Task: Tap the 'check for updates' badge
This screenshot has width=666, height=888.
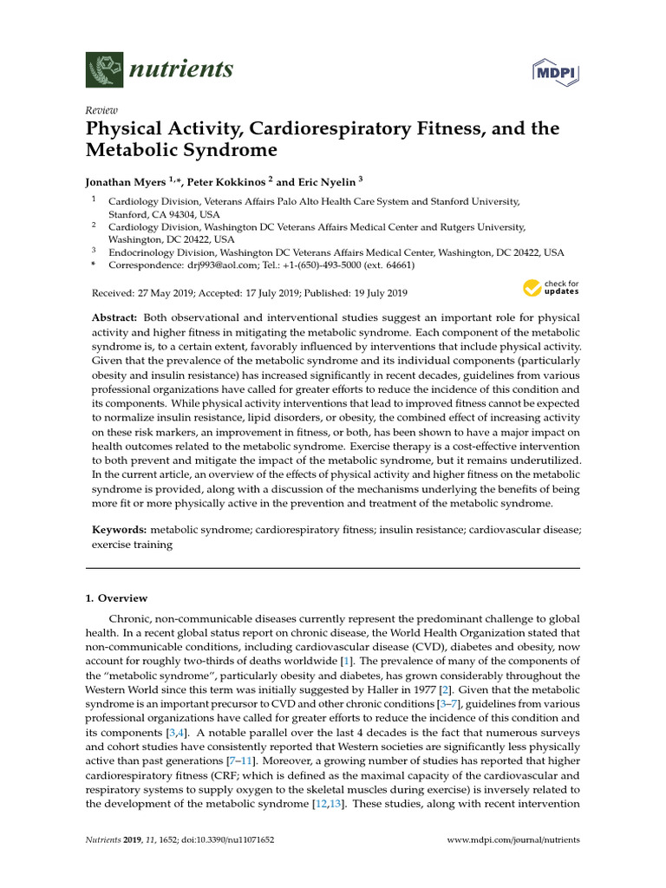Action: click(552, 288)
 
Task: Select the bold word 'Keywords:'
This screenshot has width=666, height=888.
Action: click(120, 529)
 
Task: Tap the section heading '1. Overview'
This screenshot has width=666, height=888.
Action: click(116, 598)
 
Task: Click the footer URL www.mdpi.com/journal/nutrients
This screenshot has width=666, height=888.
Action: click(513, 840)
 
